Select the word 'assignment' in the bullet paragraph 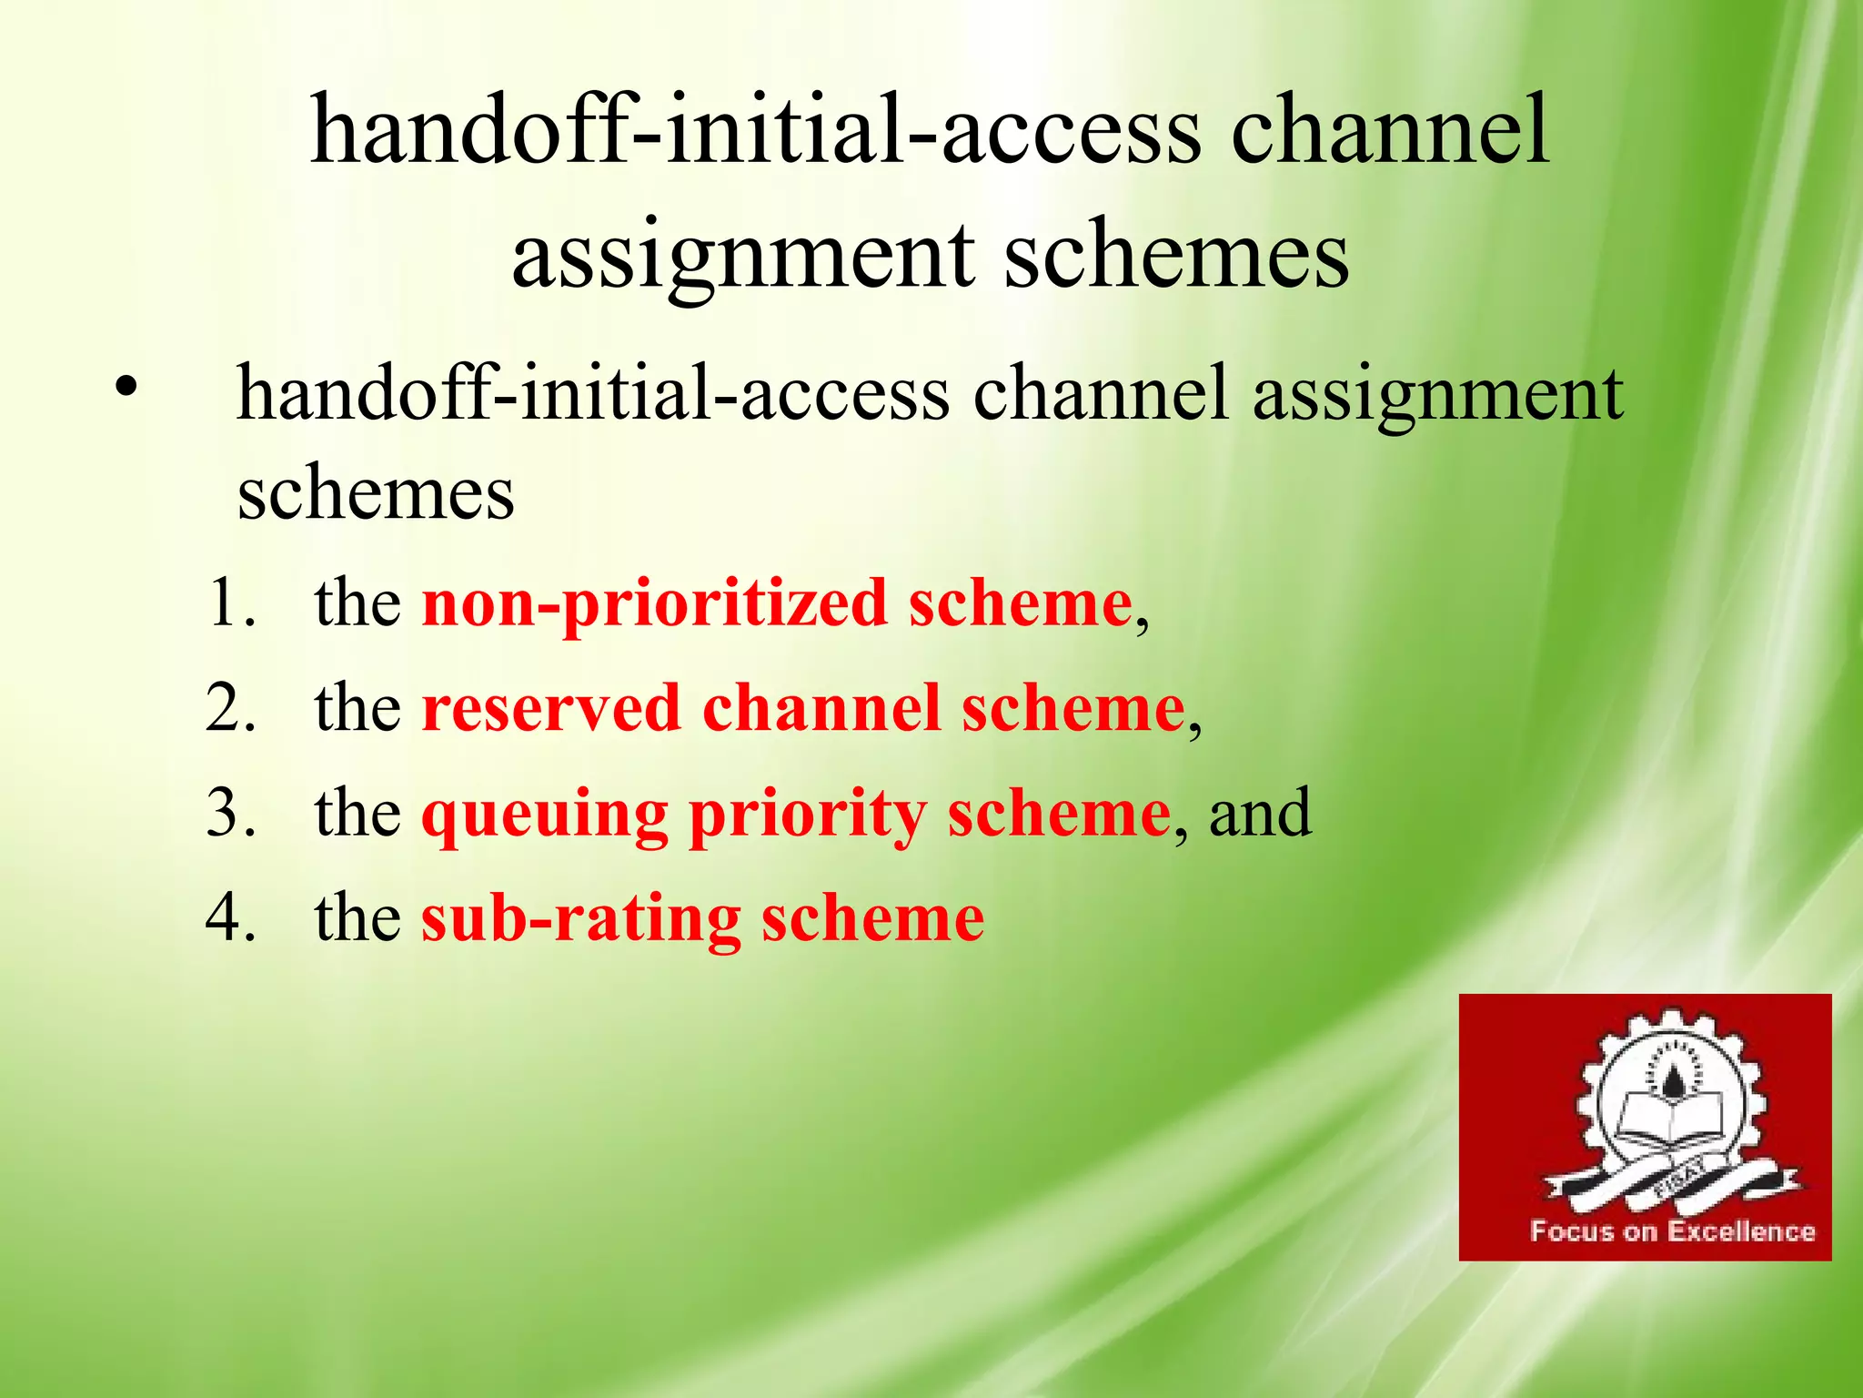pos(1437,396)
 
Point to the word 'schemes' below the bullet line pos(375,494)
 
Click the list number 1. pos(230,603)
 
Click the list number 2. pos(230,708)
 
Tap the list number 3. pos(230,813)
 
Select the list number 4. pos(230,917)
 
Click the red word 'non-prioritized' pos(654,605)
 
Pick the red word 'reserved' pos(550,709)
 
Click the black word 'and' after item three pos(1260,814)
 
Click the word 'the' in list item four pos(357,917)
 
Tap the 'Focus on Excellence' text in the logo pos(1672,1231)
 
